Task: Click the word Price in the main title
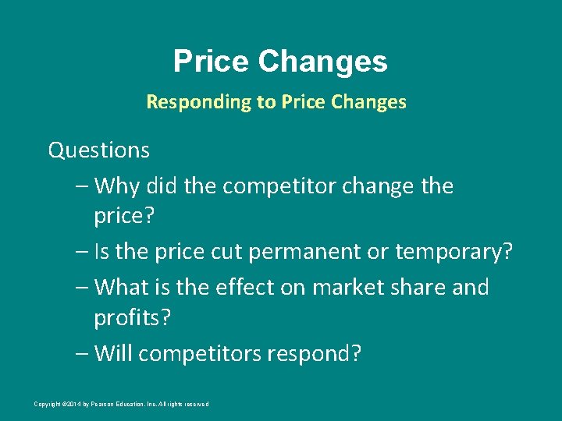(x=211, y=61)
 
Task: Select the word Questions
(x=98, y=149)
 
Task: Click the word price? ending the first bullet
(x=124, y=216)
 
